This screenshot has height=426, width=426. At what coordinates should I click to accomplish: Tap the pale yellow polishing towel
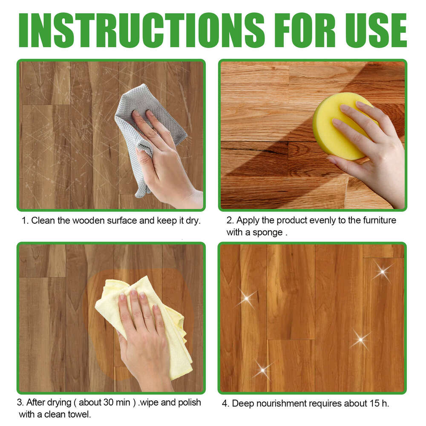[170, 341]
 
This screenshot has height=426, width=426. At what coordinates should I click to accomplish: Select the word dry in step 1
[192, 221]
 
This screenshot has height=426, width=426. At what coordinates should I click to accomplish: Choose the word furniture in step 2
[380, 221]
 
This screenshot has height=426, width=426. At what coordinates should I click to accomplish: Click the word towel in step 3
[81, 414]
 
